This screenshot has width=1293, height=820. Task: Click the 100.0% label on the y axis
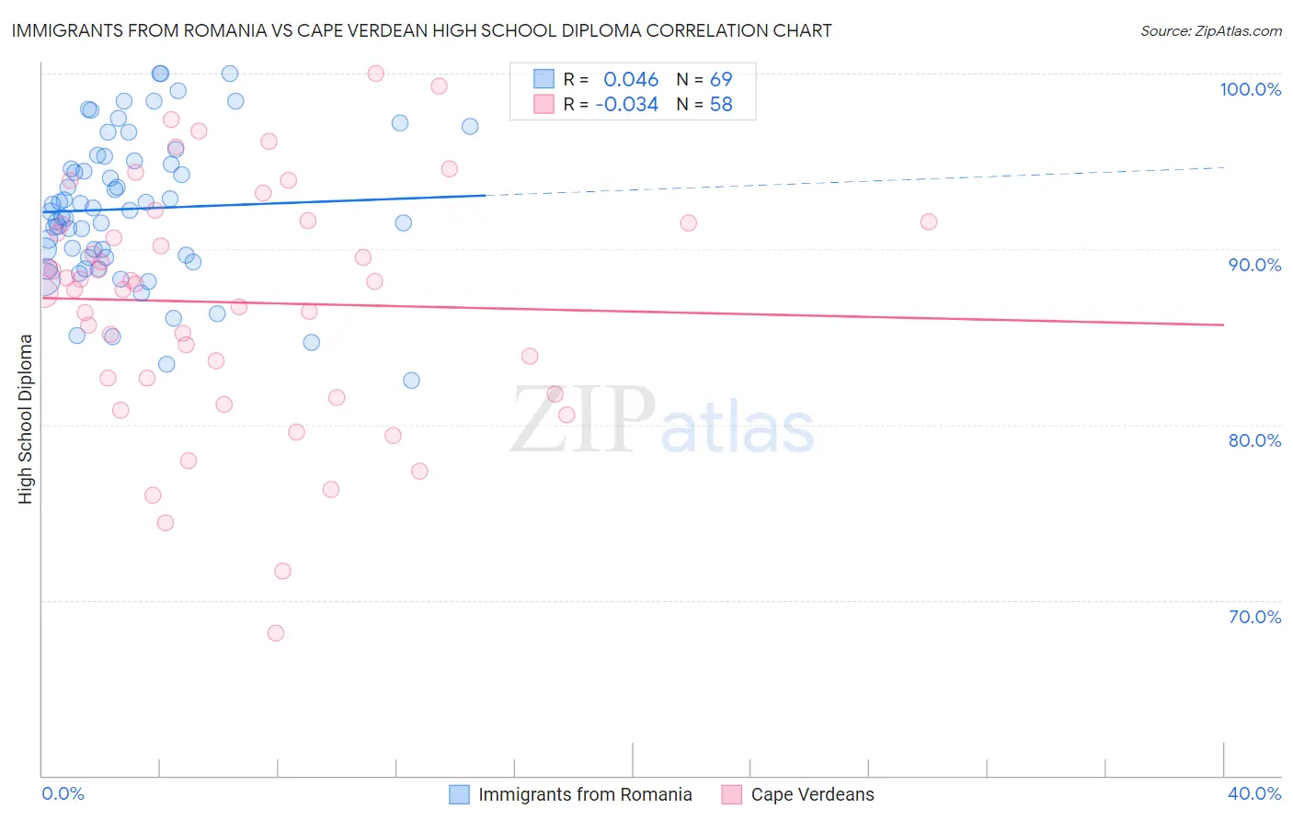pos(1250,89)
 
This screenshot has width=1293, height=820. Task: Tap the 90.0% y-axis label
pos(1254,265)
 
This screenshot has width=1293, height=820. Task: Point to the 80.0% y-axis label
pos(1254,440)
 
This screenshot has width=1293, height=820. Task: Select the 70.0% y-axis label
pos(1254,617)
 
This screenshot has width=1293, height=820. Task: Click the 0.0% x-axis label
pos(63,794)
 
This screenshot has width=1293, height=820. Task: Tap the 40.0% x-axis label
pos(1254,794)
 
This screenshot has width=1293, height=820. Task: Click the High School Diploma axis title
pos(26,418)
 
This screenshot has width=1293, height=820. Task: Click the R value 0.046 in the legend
pos(631,80)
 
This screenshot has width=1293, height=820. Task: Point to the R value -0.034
pos(626,105)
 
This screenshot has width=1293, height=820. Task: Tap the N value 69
pos(721,80)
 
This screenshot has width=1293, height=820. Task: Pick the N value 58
pos(721,105)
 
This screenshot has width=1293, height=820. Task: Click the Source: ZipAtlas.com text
pos(1211,31)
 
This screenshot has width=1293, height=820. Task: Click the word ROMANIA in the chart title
pos(235,31)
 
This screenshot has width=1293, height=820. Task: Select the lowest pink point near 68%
pos(276,633)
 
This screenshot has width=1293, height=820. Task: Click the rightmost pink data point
pos(929,222)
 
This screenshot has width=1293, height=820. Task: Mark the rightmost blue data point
pos(470,127)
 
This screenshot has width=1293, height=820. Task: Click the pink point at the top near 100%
pos(375,74)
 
